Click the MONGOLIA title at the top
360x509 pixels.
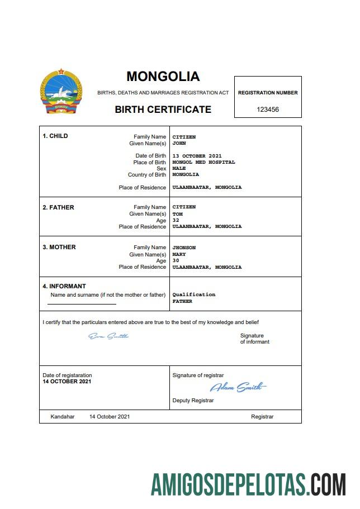point(163,77)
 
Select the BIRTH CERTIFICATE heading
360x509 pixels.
point(163,110)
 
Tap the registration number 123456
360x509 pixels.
point(268,110)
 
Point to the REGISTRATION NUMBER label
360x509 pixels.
point(268,93)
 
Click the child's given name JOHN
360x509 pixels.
point(179,143)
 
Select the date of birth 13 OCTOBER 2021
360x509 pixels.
point(197,156)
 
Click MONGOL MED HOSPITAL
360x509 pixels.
point(203,162)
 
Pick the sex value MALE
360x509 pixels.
point(179,168)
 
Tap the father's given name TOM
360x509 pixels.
point(177,213)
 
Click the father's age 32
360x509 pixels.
point(176,220)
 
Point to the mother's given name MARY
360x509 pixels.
point(179,254)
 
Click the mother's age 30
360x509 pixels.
point(176,260)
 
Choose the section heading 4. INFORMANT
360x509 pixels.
point(64,286)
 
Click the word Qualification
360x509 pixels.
point(193,294)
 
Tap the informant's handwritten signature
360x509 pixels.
point(108,336)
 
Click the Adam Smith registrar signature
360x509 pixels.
point(238,387)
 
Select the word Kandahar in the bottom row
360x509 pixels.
point(62,417)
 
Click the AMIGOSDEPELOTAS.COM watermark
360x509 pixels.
point(248,484)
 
